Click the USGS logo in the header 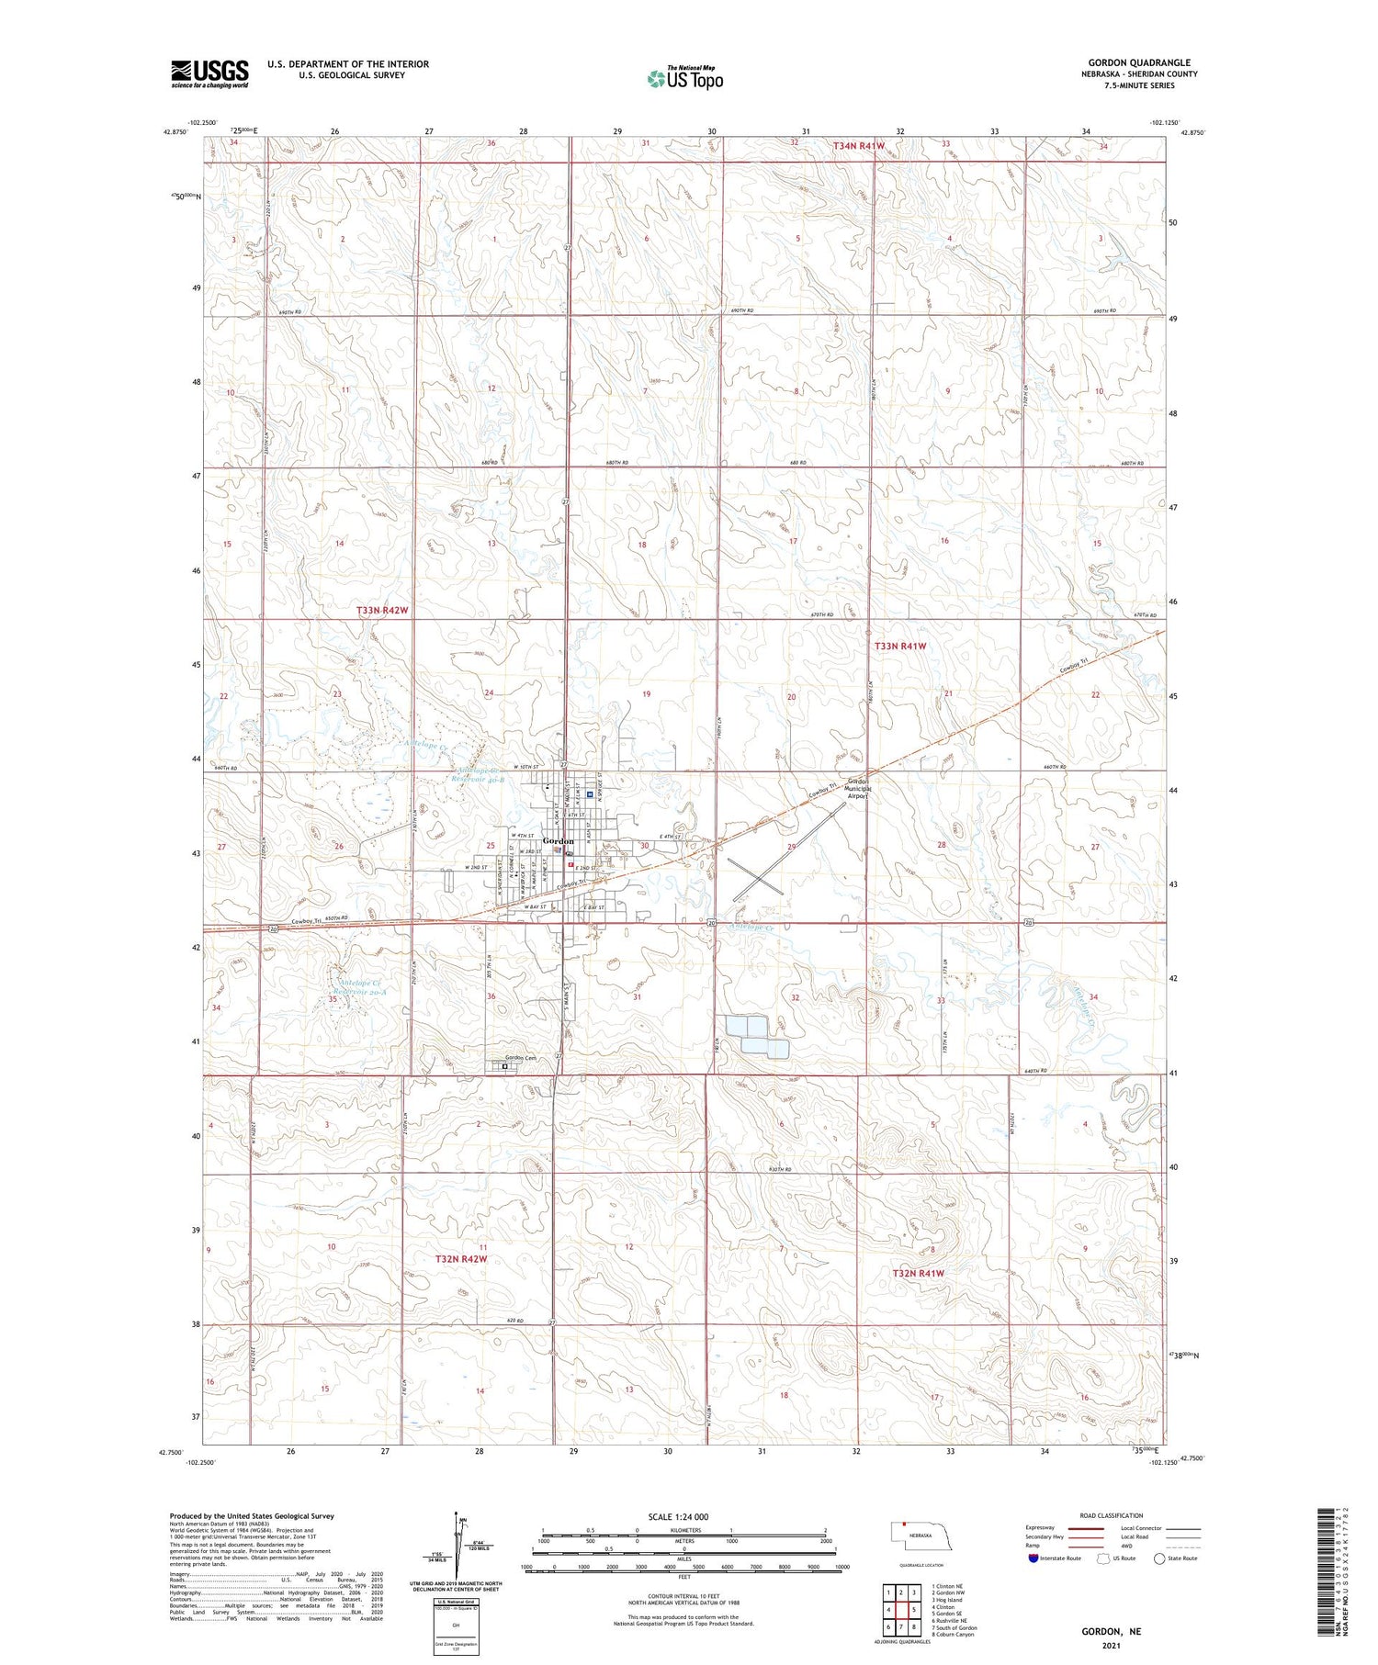pos(209,73)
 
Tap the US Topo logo pos(685,79)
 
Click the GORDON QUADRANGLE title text pos(1139,62)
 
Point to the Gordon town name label pos(558,840)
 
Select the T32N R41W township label pos(918,1273)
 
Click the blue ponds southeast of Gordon pos(756,1035)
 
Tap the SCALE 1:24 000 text pos(678,1516)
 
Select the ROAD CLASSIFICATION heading pos(1111,1515)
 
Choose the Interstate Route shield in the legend pos(1033,1558)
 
